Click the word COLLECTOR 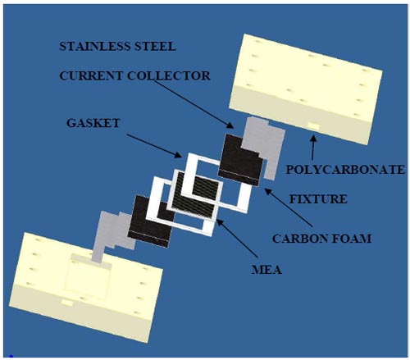click(169, 75)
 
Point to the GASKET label click(93, 123)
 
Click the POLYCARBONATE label click(345, 170)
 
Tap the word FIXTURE click(318, 199)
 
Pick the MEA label click(266, 270)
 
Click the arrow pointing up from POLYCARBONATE click(313, 148)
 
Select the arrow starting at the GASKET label click(154, 146)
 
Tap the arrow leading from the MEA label click(237, 238)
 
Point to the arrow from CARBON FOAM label click(288, 207)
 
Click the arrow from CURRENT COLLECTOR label click(194, 104)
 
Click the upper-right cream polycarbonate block click(306, 89)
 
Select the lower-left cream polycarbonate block click(86, 287)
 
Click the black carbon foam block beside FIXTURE click(239, 162)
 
